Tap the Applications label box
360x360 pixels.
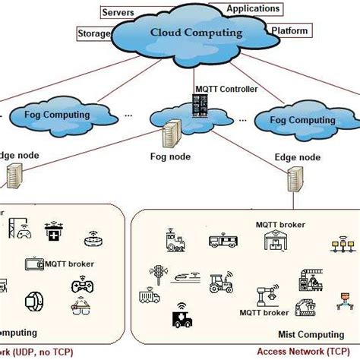(254, 9)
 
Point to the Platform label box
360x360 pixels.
(289, 32)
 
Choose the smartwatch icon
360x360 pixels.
(34, 302)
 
